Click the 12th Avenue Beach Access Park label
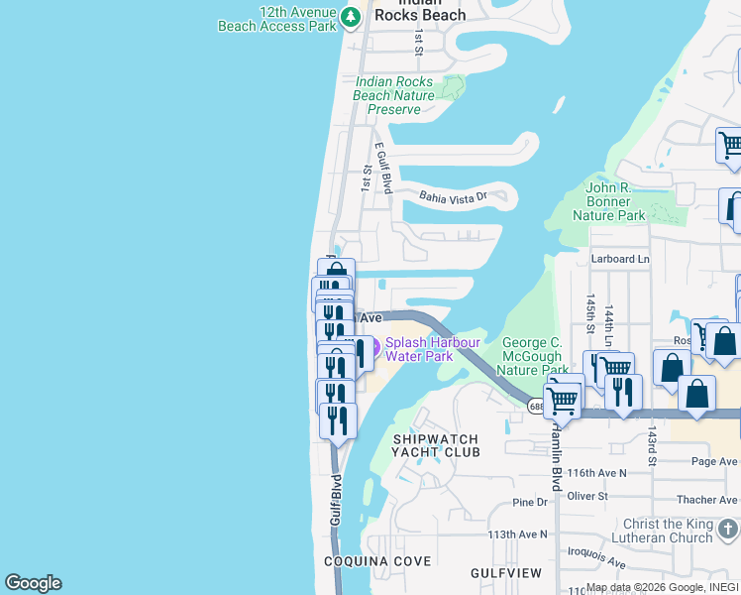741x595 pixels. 277,19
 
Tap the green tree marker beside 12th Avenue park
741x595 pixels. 350,17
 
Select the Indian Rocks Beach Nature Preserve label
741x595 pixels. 394,95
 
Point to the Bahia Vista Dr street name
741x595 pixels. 453,197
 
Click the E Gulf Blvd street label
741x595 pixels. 383,167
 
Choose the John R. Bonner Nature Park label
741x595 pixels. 615,201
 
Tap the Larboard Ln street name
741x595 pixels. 620,259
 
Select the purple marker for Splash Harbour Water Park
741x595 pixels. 362,349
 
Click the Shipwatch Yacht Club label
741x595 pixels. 436,445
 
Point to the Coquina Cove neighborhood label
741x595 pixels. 377,561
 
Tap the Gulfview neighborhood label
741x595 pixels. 506,573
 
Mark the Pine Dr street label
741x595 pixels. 530,503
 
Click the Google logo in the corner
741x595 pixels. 33,583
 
